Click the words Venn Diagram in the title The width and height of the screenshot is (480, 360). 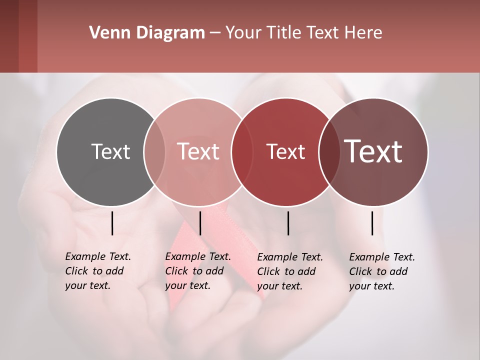coord(147,33)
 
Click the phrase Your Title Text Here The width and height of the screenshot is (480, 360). coord(303,33)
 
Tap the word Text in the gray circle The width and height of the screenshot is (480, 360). coord(110,151)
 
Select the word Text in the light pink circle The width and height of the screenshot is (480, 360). coord(198,151)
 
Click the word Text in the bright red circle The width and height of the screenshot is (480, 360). coord(285,151)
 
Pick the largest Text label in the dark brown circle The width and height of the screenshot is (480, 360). coord(373,151)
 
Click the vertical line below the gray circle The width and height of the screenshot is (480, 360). coord(112,223)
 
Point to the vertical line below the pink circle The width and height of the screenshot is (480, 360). coord(200,223)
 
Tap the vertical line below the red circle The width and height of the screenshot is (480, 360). coord(288,223)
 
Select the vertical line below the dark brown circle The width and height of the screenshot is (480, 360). coord(372,223)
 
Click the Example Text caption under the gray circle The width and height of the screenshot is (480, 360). coord(98,271)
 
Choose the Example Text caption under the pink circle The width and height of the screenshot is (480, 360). coord(198,271)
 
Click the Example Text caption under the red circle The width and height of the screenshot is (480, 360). coord(290,271)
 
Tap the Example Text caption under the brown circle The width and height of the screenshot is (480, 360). coord(382,271)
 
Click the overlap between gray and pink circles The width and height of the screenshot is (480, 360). coord(154,151)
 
